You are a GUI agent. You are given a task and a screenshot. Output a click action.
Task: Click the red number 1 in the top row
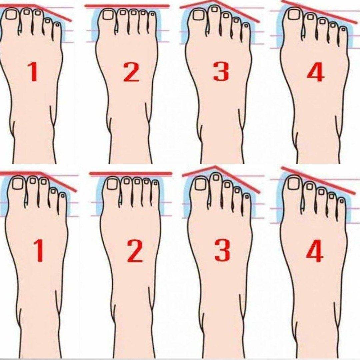pyautogui.click(x=33, y=72)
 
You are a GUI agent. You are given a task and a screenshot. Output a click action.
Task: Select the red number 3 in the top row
pyautogui.click(x=221, y=72)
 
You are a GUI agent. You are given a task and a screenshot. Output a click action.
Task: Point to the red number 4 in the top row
pyautogui.click(x=316, y=72)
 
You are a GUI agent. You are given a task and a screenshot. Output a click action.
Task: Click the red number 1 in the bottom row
pyautogui.click(x=38, y=250)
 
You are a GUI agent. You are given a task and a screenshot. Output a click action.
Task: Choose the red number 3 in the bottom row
pyautogui.click(x=222, y=250)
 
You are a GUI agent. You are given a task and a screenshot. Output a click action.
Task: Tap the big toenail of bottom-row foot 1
pyautogui.click(x=18, y=184)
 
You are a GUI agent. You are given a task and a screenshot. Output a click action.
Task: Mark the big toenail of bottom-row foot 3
pyautogui.click(x=201, y=184)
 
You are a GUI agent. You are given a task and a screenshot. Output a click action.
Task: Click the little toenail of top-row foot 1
pyautogui.click(x=57, y=24)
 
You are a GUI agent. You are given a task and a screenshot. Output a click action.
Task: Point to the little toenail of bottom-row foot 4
pyautogui.click(x=342, y=201)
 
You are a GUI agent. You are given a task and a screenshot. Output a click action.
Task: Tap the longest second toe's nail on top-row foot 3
pyautogui.click(x=214, y=9)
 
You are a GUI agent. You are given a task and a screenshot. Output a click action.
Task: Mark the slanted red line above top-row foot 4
pyautogui.click(x=319, y=12)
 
